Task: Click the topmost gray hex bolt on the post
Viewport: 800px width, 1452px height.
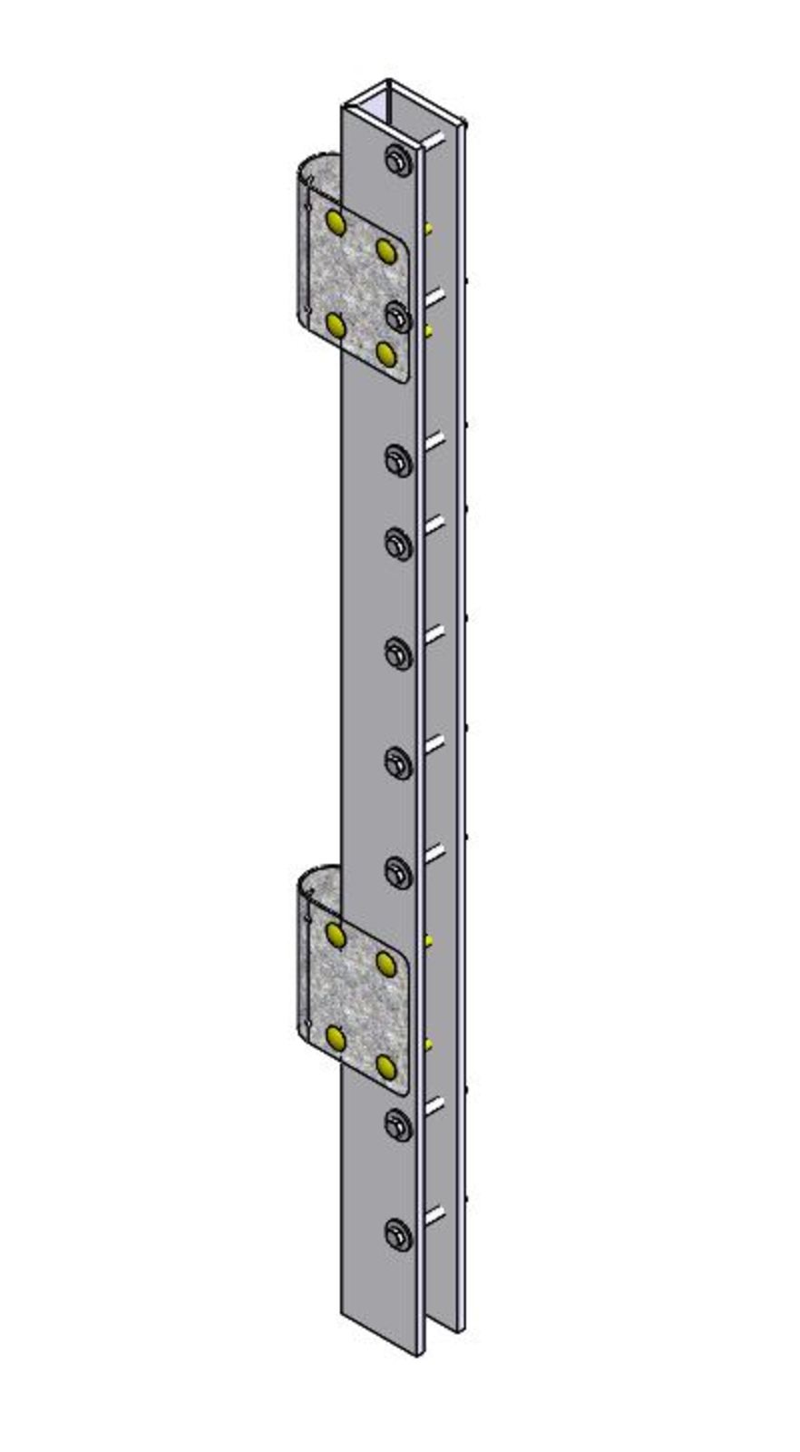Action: pyautogui.click(x=399, y=162)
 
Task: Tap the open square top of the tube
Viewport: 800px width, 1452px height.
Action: pyautogui.click(x=391, y=99)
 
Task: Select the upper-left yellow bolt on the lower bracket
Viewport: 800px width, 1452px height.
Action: pyautogui.click(x=336, y=934)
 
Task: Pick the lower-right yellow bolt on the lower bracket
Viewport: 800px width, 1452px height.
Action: pyautogui.click(x=386, y=1066)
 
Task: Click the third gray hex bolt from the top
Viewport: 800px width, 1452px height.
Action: pyautogui.click(x=399, y=459)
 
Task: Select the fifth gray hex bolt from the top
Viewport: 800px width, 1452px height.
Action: pyautogui.click(x=399, y=652)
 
